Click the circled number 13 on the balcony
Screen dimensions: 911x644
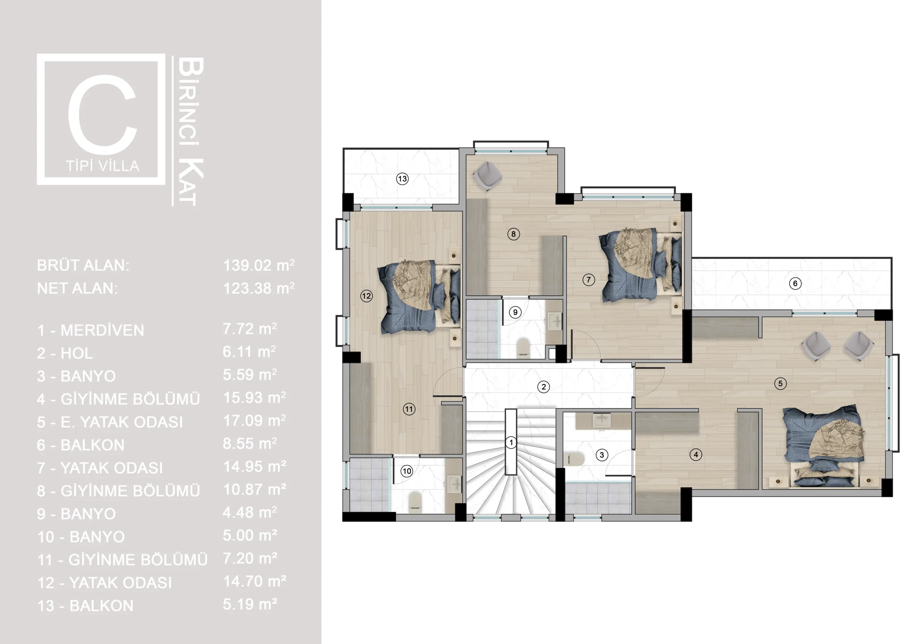click(x=402, y=179)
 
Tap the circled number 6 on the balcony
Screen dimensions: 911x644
click(x=795, y=283)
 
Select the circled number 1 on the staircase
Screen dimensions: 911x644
click(x=511, y=442)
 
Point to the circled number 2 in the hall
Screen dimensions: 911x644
click(x=544, y=386)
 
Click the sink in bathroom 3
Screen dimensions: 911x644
click(x=601, y=421)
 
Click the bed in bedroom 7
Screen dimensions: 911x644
click(x=641, y=265)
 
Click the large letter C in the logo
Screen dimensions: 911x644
click(x=103, y=114)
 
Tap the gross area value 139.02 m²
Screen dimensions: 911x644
click(x=259, y=265)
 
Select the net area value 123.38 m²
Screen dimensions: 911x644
click(x=259, y=288)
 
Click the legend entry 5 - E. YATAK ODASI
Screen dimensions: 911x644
click(x=110, y=422)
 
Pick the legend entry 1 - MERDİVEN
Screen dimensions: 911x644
click(x=90, y=330)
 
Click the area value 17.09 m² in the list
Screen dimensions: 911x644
click(x=254, y=420)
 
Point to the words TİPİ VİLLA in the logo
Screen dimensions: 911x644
click(x=103, y=166)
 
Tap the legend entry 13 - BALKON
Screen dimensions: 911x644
click(x=85, y=606)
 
